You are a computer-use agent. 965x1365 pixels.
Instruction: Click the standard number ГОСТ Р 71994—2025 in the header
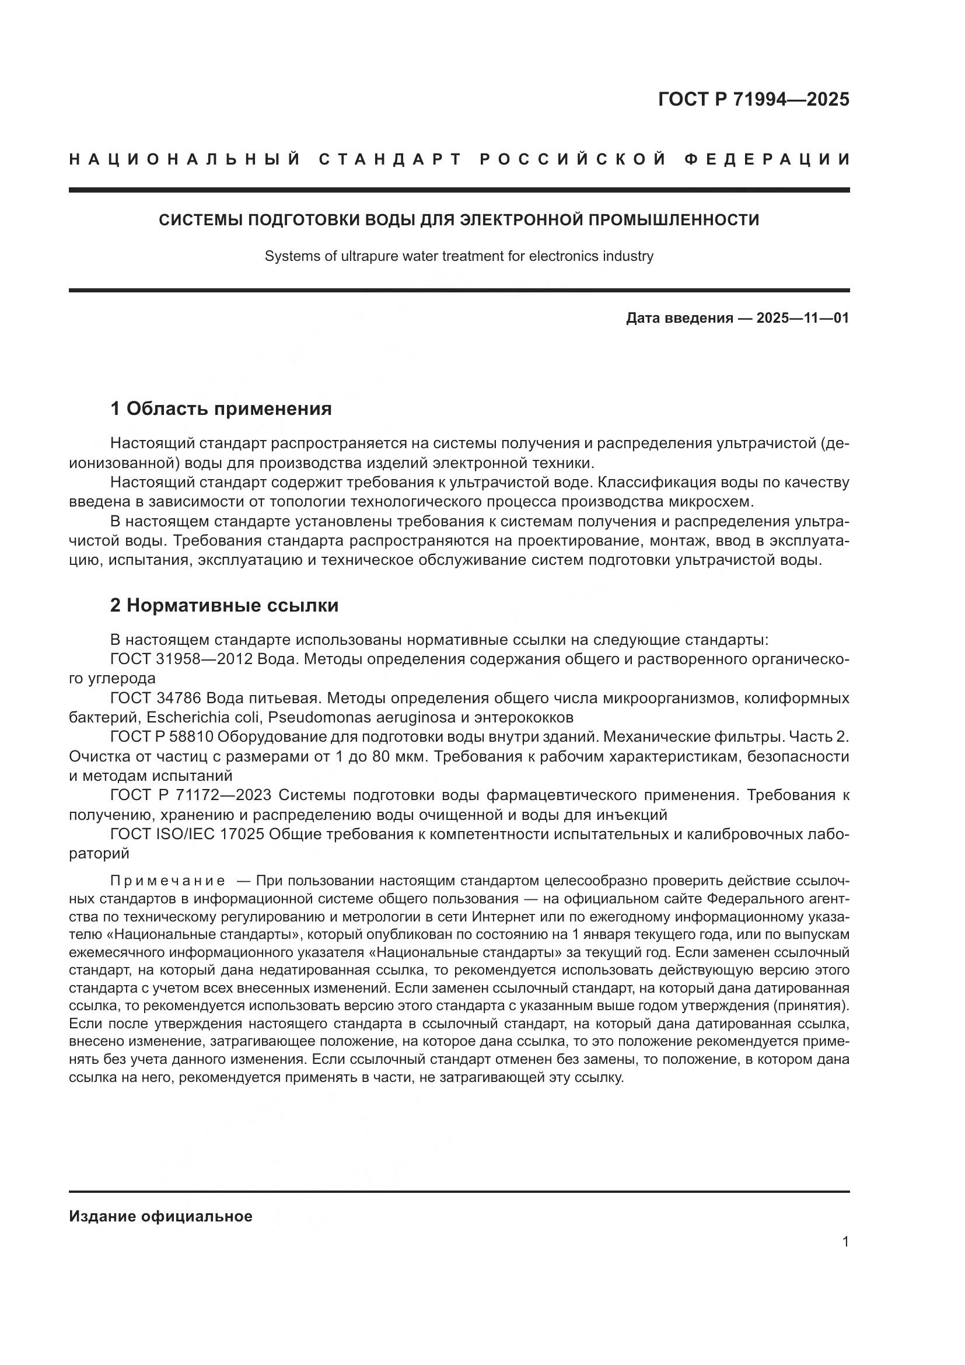coord(753,99)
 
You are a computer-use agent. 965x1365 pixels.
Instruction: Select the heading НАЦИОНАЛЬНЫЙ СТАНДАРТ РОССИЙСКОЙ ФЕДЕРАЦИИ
coord(459,160)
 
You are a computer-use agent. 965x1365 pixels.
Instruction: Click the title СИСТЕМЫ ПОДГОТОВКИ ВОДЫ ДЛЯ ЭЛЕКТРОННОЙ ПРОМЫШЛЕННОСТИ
coord(459,220)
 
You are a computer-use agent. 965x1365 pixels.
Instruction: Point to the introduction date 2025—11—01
coord(802,318)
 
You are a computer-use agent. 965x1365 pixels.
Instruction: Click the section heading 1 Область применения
coord(221,409)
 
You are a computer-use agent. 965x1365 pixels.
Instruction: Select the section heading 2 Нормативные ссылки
coord(225,605)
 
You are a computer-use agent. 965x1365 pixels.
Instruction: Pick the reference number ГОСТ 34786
coord(156,697)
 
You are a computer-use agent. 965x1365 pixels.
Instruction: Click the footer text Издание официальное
coord(160,1216)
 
